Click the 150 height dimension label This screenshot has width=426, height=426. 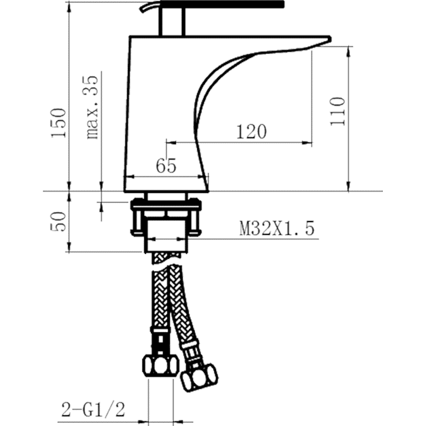58,123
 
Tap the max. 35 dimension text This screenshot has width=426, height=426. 91,107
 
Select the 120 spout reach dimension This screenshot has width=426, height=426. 251,132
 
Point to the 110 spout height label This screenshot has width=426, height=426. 337,111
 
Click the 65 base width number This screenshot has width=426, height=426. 166,166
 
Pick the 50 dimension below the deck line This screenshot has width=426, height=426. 58,222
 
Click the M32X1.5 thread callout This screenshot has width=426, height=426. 277,228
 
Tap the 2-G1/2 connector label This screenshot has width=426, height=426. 93,410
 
